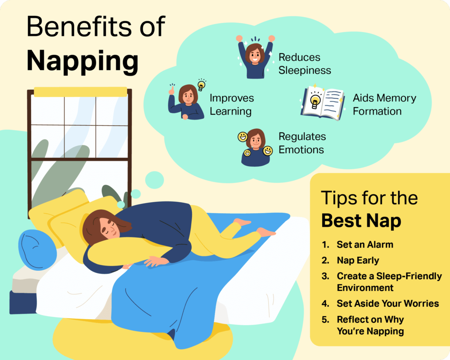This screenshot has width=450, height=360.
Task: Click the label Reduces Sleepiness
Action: (305, 64)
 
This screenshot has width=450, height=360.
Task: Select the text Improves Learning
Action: (232, 105)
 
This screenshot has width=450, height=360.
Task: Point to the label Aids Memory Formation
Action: (384, 105)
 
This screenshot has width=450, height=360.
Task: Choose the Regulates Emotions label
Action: (302, 143)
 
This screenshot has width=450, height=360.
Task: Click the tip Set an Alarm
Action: (365, 244)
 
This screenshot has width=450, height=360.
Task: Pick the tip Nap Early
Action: (358, 260)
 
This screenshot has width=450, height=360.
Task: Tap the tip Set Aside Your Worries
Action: (388, 303)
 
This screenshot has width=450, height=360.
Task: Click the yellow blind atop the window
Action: (80, 92)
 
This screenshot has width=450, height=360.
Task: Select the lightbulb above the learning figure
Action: (201, 85)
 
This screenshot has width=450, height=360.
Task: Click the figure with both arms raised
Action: (254, 57)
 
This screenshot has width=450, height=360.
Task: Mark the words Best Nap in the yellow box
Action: (361, 221)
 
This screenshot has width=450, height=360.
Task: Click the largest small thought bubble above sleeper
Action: (154, 180)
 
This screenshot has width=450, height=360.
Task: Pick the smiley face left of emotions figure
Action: (243, 137)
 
